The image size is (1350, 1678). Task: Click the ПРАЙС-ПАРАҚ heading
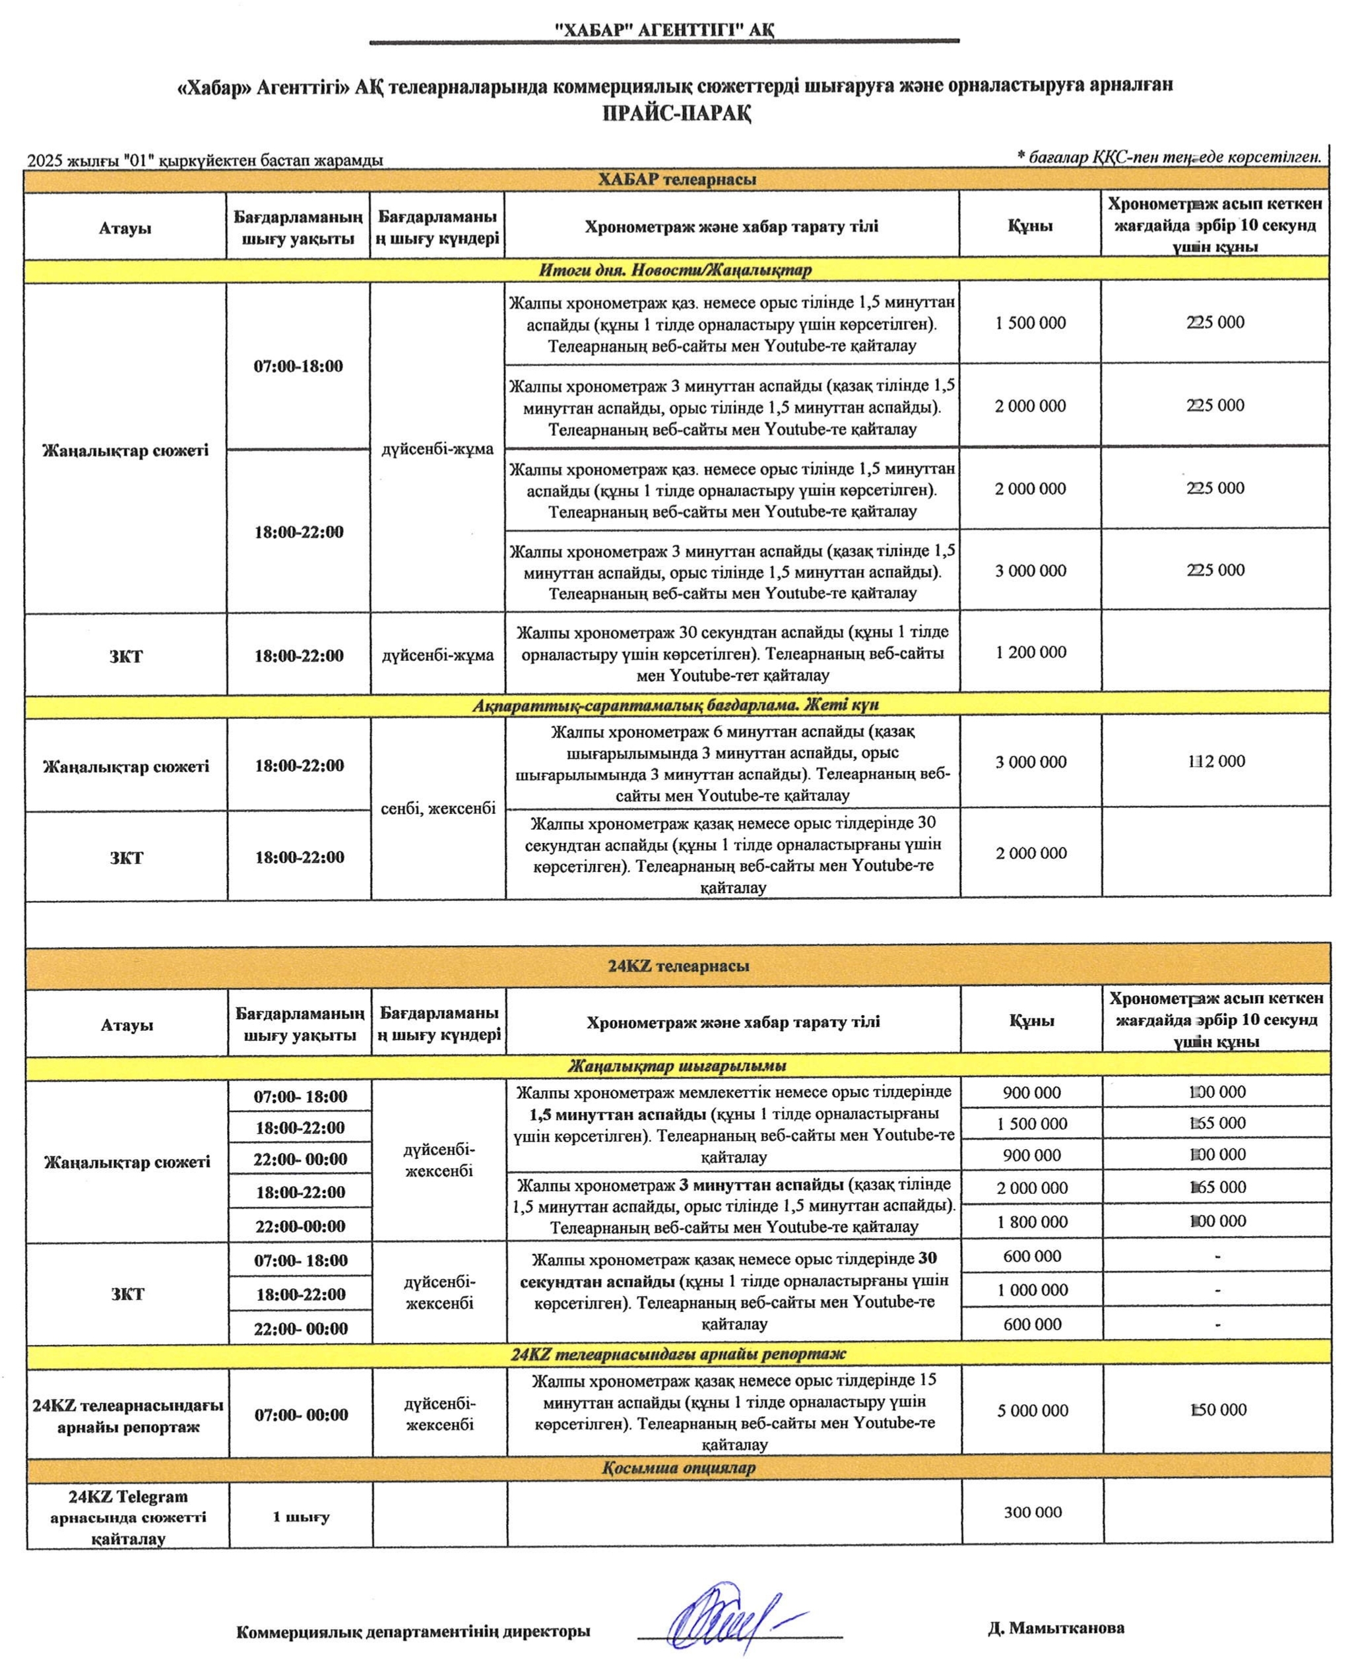click(x=676, y=113)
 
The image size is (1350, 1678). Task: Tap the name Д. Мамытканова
click(x=1056, y=1627)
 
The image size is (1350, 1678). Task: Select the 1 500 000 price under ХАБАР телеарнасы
click(x=1030, y=323)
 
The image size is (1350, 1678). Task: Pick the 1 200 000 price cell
click(x=1030, y=652)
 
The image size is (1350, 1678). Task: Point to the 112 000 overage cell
click(x=1216, y=761)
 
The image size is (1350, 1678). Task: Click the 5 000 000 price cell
click(x=1033, y=1410)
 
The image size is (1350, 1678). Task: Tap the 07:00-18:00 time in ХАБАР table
click(x=298, y=366)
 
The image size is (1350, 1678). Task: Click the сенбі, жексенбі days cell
click(x=437, y=808)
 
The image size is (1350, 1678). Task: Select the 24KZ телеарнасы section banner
click(x=678, y=966)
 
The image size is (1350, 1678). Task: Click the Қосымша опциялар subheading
click(x=678, y=1467)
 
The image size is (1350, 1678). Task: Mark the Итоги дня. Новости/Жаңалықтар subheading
click(x=675, y=270)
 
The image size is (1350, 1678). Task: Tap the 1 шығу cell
click(x=300, y=1517)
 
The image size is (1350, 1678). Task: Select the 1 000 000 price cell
click(x=1033, y=1290)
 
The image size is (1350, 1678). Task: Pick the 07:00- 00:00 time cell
click(x=300, y=1415)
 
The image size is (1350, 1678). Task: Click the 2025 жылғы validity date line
click(x=205, y=160)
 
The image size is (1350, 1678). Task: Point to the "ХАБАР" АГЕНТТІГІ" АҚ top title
click(x=664, y=30)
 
